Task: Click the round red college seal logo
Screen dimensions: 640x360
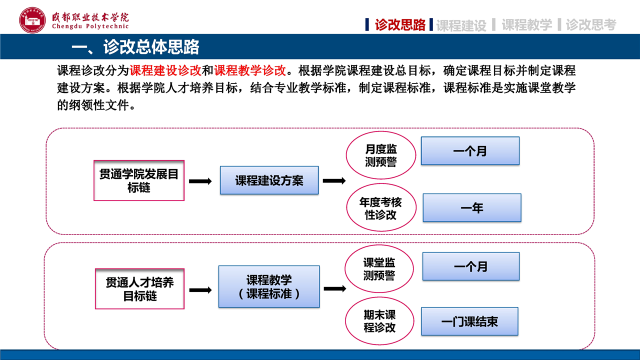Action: coord(32,20)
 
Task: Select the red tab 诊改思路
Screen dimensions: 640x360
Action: coord(400,25)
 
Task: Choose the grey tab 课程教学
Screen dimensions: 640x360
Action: coord(526,25)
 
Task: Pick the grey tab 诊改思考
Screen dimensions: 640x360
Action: coord(591,25)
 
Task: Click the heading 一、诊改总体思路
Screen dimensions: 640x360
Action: coord(135,46)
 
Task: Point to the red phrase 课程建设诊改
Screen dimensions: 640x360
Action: coord(165,70)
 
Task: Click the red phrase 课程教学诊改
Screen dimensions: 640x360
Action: coord(250,70)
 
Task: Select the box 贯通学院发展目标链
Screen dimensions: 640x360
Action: coord(139,180)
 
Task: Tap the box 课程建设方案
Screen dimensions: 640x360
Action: coord(269,180)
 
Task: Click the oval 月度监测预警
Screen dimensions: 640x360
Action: coord(381,155)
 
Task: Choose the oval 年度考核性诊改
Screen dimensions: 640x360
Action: coord(381,207)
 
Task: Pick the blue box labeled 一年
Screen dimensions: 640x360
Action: coord(472,207)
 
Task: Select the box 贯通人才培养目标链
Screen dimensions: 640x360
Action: coord(139,289)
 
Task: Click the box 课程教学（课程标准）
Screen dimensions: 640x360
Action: coord(269,286)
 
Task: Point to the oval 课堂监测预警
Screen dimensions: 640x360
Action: coord(379,268)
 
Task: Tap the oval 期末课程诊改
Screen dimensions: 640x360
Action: coord(379,321)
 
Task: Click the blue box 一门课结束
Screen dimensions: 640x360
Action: coord(469,321)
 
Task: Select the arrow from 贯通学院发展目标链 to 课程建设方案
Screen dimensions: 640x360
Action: coord(200,181)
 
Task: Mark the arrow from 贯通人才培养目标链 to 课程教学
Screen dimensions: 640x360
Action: coord(200,290)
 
